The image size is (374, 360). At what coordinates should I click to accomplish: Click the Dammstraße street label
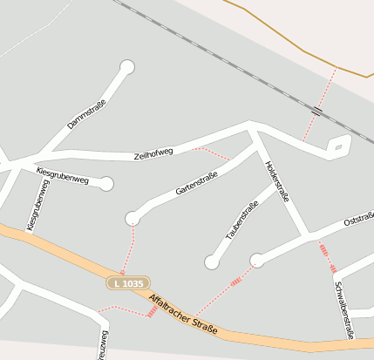86,115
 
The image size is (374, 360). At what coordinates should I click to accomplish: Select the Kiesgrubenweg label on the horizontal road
63,177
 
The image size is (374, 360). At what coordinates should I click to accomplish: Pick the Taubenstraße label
241,221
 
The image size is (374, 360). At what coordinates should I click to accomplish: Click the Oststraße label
358,219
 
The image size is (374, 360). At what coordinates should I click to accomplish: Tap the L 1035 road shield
129,283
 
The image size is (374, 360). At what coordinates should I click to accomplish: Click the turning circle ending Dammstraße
127,67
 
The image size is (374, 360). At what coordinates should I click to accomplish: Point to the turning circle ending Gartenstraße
133,218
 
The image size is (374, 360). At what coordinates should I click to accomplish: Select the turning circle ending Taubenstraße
211,262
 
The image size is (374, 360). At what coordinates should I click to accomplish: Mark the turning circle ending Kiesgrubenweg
106,184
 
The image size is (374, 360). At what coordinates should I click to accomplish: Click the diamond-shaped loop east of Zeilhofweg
337,146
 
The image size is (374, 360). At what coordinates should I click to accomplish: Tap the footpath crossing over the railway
316,112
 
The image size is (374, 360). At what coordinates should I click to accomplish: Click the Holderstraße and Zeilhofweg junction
253,132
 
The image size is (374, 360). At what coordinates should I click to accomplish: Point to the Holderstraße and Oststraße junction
307,234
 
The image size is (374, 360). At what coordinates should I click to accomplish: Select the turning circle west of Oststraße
257,260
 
